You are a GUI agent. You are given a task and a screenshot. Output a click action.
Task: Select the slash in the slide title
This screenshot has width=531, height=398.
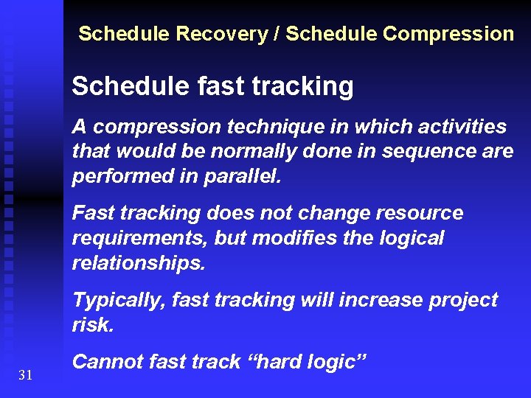[x=277, y=34]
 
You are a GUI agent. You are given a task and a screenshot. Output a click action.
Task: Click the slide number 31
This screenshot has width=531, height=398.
[x=26, y=376]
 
